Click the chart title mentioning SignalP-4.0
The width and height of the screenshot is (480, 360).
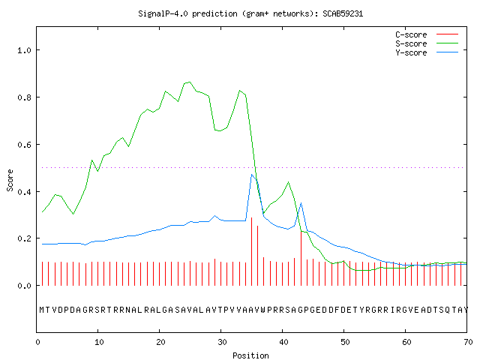(250, 13)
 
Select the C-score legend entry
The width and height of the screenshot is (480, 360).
(427, 34)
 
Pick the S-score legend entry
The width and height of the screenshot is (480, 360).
(427, 43)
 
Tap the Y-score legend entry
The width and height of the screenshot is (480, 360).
(427, 52)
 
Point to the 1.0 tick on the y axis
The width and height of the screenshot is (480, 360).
(25, 50)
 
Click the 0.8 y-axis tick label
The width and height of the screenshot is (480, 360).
(25, 97)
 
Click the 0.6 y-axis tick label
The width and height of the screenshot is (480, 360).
(25, 145)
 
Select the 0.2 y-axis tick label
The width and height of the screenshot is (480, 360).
(25, 238)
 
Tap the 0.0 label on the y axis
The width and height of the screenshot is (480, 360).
(25, 286)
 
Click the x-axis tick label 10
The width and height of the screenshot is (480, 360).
(99, 342)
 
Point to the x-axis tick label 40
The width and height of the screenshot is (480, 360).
(283, 342)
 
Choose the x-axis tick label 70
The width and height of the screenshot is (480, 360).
(468, 342)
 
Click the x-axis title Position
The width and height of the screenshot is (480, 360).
(250, 355)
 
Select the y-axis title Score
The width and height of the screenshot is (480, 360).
(10, 180)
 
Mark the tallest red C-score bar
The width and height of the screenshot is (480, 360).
(252, 251)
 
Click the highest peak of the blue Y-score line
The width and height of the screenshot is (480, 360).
(252, 175)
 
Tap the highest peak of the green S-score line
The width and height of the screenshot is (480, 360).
(190, 82)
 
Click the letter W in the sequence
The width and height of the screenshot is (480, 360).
(263, 310)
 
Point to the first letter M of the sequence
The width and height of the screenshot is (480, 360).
(42, 310)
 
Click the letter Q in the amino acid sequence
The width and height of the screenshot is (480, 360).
(448, 310)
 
